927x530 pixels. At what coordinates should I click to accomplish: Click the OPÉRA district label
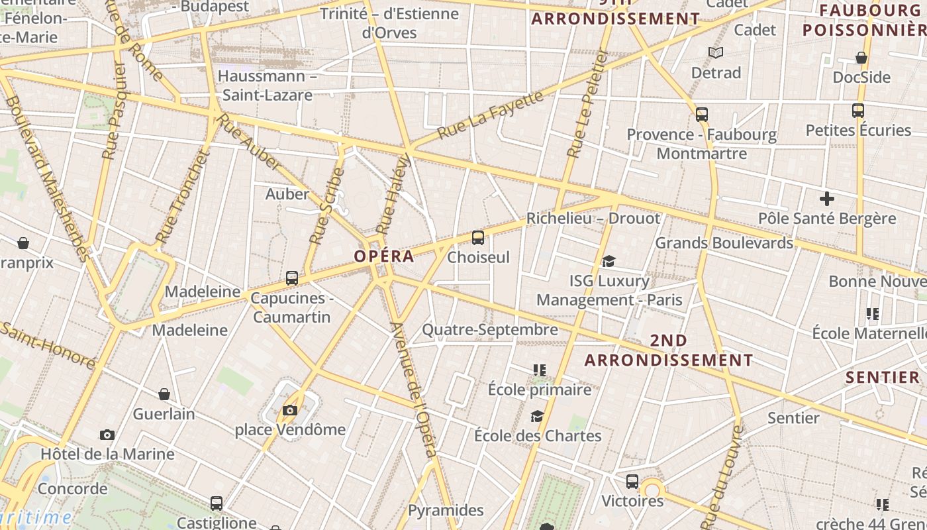(384, 256)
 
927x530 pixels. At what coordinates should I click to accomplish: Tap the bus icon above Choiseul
(477, 238)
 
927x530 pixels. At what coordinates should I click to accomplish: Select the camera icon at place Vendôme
(289, 411)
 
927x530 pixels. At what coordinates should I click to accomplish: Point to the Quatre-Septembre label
(490, 329)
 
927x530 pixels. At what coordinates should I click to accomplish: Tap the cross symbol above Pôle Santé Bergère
(826, 199)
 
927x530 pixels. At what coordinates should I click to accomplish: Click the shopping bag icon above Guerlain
(164, 395)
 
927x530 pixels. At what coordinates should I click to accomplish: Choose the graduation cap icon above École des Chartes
(537, 416)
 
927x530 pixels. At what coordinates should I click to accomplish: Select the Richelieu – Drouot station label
(593, 219)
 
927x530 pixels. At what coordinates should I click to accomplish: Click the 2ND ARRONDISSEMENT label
(668, 350)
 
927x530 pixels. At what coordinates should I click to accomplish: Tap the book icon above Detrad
(715, 52)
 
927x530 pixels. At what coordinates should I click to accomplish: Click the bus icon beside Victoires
(632, 482)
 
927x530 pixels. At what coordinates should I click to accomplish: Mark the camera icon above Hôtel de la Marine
(107, 435)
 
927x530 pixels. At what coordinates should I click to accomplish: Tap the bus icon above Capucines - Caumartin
(292, 278)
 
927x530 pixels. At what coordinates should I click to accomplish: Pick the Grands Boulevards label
(724, 243)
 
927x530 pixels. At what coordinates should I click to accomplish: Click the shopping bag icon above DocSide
(861, 58)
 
